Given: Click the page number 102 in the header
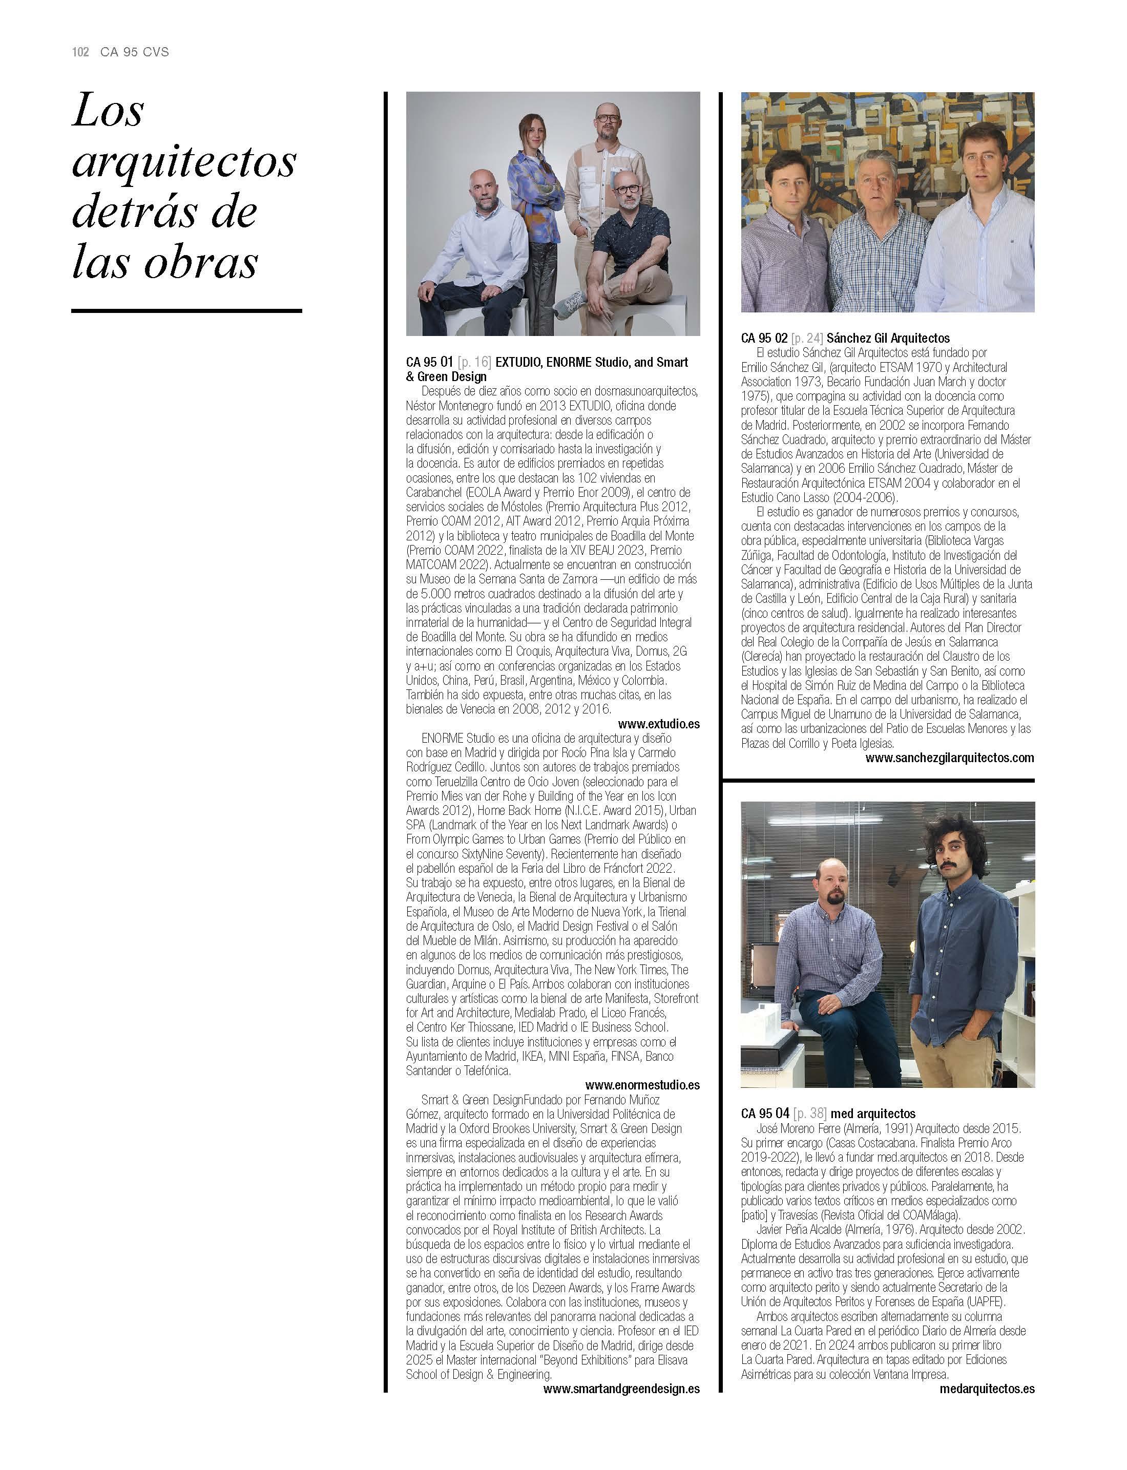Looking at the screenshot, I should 80,52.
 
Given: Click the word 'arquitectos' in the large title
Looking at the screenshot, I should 184,162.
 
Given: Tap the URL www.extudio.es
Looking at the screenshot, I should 658,724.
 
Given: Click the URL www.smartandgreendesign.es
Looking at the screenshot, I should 621,1389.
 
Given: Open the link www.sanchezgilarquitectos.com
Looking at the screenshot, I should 949,758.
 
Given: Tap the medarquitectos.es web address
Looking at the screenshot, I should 986,1389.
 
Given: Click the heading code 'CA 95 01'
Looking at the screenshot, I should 429,362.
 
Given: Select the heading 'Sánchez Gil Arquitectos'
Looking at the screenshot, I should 887,338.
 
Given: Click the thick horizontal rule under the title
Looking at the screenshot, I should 186,310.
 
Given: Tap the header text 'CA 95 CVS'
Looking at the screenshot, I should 134,52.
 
